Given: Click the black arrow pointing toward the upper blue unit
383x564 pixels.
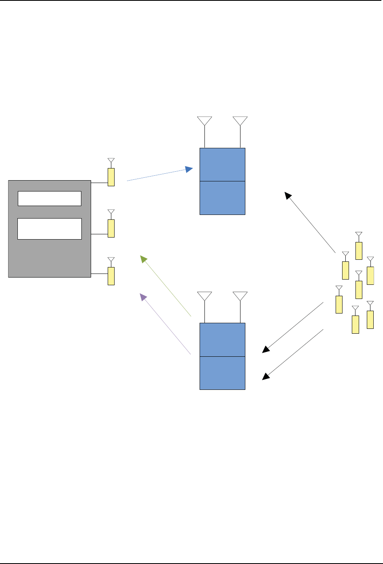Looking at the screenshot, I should point(310,223).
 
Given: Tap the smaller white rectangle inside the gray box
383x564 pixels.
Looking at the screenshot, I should point(49,198).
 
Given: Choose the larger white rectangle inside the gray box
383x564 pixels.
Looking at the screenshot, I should point(49,229).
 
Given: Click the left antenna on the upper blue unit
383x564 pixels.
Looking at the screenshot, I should point(204,121).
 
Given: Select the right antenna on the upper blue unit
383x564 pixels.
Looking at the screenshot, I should point(240,121).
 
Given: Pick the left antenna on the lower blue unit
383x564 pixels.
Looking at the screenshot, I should point(204,297).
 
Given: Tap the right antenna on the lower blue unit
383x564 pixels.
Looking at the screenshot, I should point(240,297).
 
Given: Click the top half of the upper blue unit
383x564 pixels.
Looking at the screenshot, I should point(222,164).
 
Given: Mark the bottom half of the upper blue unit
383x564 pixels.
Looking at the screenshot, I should point(222,198).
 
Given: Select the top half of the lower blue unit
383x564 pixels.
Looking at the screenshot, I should point(222,339).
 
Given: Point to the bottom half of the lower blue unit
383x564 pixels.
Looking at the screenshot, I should point(222,373).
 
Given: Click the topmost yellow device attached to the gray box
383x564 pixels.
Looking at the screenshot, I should point(111,177).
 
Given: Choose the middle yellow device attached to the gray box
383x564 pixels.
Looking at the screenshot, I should point(111,228).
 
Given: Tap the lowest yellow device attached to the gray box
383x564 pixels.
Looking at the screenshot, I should point(111,276).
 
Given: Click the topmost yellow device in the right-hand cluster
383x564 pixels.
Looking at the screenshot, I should point(359,250).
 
